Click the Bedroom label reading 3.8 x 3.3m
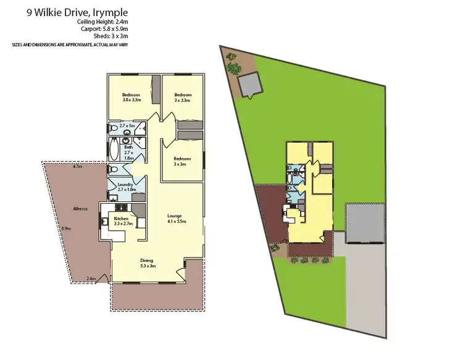(132, 97)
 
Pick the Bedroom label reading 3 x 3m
(182, 161)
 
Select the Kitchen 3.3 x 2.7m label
(121, 220)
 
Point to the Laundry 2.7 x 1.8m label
(126, 186)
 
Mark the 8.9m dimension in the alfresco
(66, 228)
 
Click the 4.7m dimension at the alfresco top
(77, 167)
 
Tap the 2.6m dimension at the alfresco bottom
(91, 278)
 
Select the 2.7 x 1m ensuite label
(127, 125)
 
